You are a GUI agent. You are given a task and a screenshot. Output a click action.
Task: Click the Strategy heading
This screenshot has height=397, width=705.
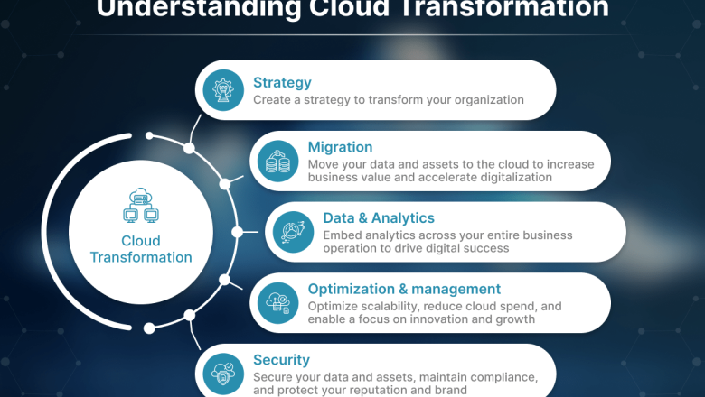(282, 83)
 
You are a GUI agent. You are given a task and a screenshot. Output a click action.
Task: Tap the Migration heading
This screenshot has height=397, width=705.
(340, 147)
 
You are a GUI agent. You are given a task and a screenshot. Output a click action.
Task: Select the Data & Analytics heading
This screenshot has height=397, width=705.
(379, 218)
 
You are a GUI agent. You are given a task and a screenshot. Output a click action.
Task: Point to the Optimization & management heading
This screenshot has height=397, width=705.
(404, 289)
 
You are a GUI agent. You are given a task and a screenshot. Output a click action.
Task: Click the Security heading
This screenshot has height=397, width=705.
(281, 359)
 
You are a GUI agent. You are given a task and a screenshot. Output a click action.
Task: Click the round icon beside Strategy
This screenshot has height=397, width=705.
(221, 90)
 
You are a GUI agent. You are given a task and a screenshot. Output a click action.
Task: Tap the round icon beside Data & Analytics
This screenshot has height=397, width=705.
(293, 232)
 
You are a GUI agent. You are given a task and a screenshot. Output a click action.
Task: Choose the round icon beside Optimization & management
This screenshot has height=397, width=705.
(277, 303)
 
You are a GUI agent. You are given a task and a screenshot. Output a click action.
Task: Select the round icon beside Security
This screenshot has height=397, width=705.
(221, 373)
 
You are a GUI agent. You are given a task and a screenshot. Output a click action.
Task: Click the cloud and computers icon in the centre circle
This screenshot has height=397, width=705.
(140, 206)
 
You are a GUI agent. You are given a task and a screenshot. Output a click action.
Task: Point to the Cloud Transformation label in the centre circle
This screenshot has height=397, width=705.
(141, 249)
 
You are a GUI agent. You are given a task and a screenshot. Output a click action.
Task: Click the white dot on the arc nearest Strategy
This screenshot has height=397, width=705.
(189, 147)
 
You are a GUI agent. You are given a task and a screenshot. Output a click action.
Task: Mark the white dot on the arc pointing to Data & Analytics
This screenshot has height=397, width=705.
(238, 232)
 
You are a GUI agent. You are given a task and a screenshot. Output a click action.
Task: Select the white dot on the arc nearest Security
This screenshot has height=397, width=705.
(189, 316)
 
